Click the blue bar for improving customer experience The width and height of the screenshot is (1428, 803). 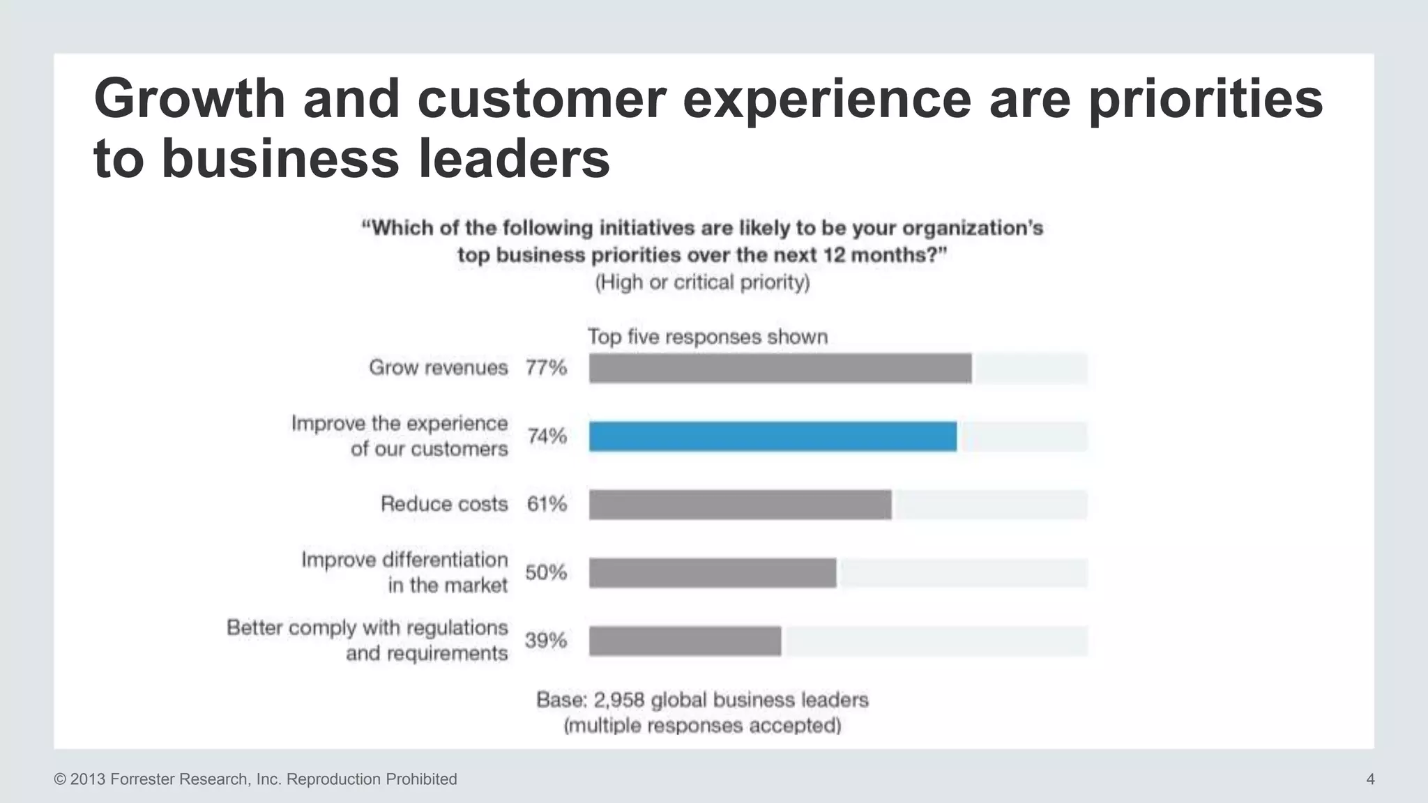(x=773, y=436)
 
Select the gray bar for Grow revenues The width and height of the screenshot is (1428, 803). (x=780, y=368)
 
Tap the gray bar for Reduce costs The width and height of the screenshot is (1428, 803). (x=740, y=505)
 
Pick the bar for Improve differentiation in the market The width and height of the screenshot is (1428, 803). (x=712, y=573)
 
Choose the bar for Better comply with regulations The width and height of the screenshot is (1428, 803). (x=685, y=641)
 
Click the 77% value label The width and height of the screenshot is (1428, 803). (x=546, y=367)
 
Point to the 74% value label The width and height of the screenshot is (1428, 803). (x=547, y=436)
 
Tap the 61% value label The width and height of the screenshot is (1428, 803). (x=547, y=504)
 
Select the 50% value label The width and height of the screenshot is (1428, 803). (x=546, y=572)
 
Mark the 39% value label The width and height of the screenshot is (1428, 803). (x=546, y=640)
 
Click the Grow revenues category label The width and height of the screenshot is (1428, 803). (x=438, y=367)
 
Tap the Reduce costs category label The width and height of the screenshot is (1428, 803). (x=444, y=504)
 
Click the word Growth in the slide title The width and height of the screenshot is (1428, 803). (x=190, y=98)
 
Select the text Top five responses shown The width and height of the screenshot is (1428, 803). (x=708, y=337)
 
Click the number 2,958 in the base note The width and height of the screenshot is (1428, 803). (x=618, y=700)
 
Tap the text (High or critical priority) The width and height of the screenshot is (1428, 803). (x=702, y=282)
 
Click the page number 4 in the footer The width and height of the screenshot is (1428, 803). (x=1370, y=779)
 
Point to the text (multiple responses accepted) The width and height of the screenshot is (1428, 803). (x=702, y=726)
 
